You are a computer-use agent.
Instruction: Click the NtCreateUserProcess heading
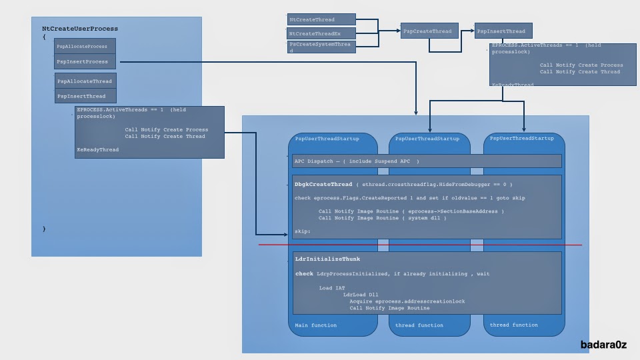pos(80,29)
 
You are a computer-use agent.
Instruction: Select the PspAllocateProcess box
pos(85,46)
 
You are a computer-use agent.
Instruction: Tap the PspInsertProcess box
pos(85,61)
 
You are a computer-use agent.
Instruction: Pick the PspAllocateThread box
pos(85,81)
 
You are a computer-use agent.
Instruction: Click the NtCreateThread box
pos(321,19)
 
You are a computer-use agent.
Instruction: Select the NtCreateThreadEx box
pos(321,33)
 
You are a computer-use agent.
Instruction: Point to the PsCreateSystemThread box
pos(321,47)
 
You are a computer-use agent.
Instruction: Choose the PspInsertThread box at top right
pos(499,31)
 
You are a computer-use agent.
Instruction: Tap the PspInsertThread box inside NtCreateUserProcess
pos(85,96)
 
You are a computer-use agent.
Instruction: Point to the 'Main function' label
pos(316,325)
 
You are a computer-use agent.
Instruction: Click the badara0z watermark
pos(603,345)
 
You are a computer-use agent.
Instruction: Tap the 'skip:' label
pos(303,231)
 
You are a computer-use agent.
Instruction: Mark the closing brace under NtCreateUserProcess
pos(44,229)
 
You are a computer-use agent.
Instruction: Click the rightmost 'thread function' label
pos(513,325)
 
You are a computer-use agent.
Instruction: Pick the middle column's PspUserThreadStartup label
pos(427,139)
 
